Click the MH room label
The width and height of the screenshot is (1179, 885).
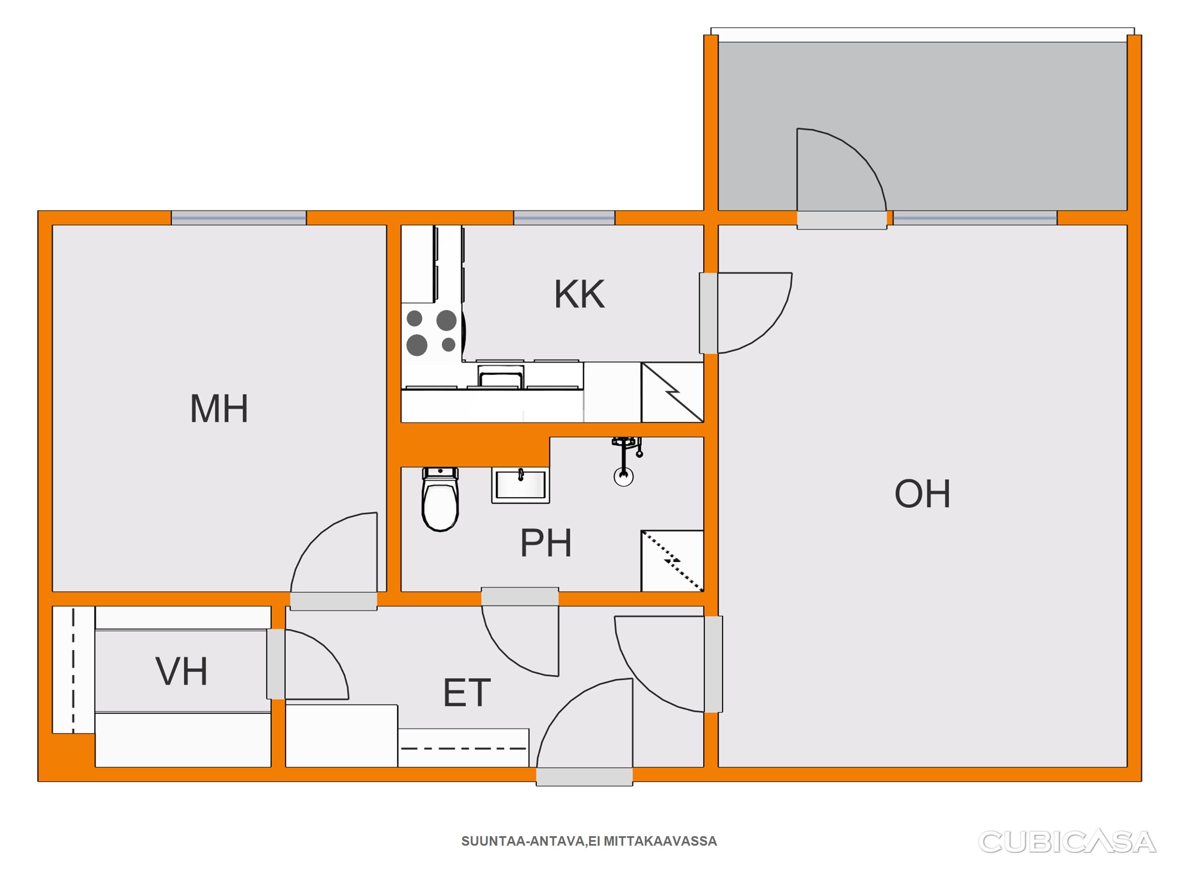click(219, 409)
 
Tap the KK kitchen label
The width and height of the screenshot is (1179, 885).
click(580, 294)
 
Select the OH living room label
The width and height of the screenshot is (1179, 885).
click(922, 493)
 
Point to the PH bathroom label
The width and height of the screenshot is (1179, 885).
click(546, 543)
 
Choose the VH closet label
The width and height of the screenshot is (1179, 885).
click(181, 671)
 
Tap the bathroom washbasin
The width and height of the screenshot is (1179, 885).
click(520, 485)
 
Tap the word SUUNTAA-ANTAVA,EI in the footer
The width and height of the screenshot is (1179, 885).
click(531, 841)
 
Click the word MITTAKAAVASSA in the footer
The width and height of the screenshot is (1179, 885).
click(660, 841)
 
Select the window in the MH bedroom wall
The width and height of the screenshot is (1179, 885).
click(239, 218)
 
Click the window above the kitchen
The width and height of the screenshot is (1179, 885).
click(564, 218)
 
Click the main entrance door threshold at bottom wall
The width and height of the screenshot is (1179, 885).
click(584, 776)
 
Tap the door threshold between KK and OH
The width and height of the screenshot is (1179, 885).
click(708, 313)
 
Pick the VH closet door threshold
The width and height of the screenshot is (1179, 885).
click(276, 664)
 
